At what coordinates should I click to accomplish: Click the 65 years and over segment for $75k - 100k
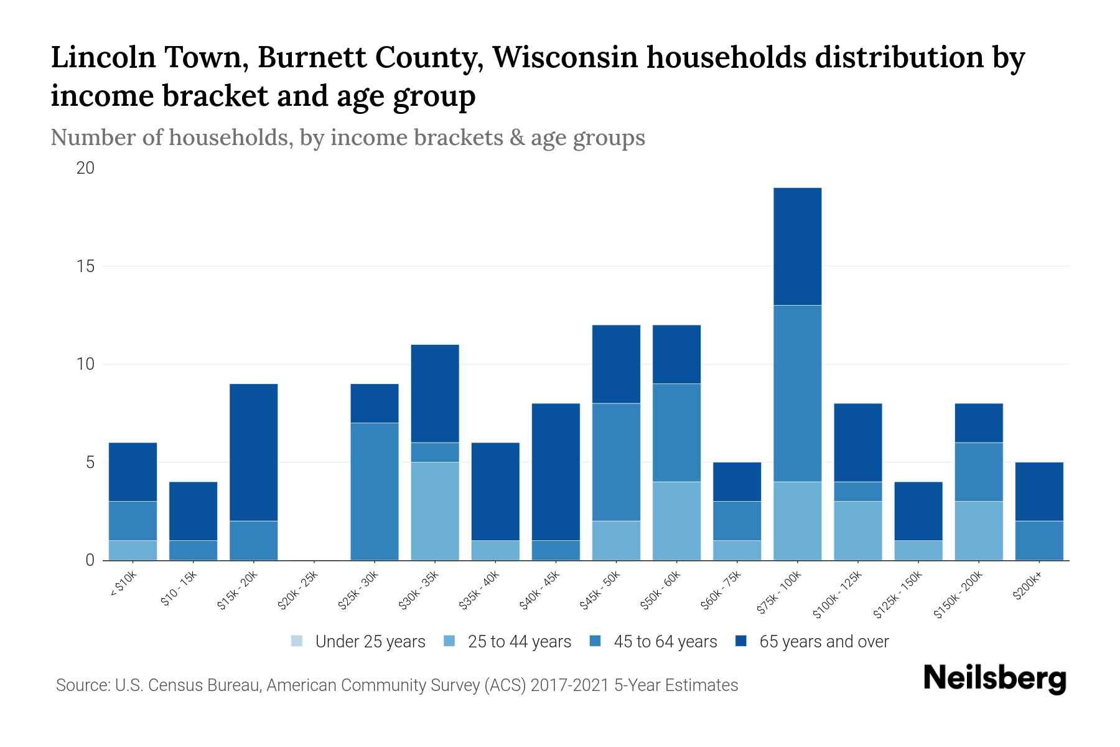tap(797, 247)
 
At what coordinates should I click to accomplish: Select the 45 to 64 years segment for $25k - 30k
tap(375, 492)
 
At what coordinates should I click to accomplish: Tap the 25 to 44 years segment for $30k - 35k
tap(435, 511)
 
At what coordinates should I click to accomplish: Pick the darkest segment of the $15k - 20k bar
tap(253, 453)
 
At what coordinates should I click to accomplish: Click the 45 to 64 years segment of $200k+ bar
tap(1039, 540)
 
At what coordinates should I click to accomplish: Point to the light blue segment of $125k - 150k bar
tap(918, 550)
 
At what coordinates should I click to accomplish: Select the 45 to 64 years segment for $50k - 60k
tap(676, 433)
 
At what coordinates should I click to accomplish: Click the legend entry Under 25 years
tap(370, 642)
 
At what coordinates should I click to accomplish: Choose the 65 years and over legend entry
tap(823, 642)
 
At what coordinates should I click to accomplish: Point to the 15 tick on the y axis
tap(85, 266)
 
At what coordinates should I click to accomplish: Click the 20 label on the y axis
tap(85, 168)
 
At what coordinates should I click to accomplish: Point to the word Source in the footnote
tap(81, 685)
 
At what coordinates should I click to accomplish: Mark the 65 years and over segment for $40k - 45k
tap(556, 472)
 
